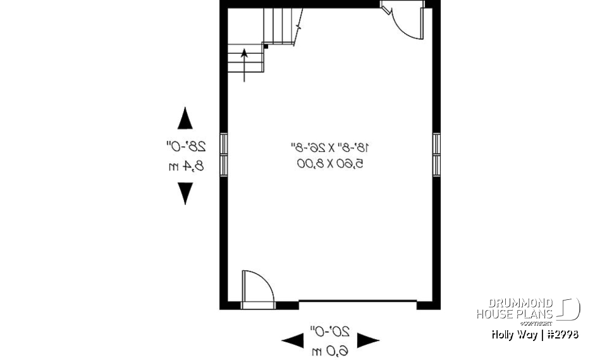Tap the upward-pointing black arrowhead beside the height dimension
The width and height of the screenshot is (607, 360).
pyautogui.click(x=185, y=118)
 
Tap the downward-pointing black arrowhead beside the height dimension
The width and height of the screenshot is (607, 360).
pyautogui.click(x=185, y=194)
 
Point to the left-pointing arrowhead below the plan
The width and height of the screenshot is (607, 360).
pyautogui.click(x=291, y=341)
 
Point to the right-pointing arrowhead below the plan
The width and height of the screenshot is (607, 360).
pyautogui.click(x=369, y=341)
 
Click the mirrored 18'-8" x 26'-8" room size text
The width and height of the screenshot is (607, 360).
pyautogui.click(x=329, y=147)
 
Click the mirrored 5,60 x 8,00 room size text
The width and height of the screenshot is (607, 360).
pyautogui.click(x=329, y=163)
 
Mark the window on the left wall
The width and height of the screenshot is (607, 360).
pyautogui.click(x=224, y=154)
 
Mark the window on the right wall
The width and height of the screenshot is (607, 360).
pyautogui.click(x=436, y=154)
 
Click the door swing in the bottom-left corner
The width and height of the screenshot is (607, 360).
pyautogui.click(x=257, y=289)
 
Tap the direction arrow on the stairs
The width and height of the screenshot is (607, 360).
pyautogui.click(x=245, y=64)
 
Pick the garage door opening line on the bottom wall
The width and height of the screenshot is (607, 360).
pyautogui.click(x=357, y=301)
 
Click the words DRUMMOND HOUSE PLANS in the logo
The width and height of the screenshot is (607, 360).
pyautogui.click(x=515, y=309)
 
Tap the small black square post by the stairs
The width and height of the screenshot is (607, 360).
pyautogui.click(x=266, y=46)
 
